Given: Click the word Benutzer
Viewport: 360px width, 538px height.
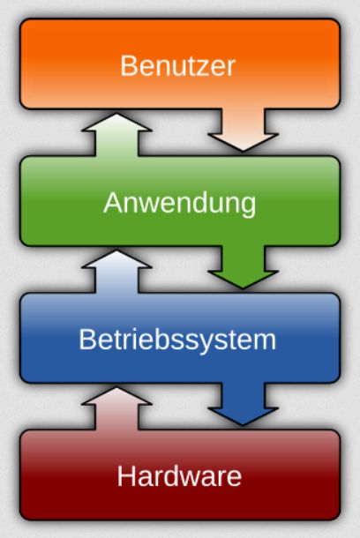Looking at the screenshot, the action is [177, 66].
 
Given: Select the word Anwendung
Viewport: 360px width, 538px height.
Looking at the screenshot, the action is [180, 204].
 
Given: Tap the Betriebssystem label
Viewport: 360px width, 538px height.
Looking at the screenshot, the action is [177, 340].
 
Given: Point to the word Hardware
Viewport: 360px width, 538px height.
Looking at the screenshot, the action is [179, 476].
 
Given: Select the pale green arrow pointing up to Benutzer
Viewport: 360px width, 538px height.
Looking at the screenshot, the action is [116, 135].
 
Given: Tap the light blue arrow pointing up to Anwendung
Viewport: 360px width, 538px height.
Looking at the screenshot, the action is [116, 272].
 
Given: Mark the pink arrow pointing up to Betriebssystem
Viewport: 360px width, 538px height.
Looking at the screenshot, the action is [116, 408].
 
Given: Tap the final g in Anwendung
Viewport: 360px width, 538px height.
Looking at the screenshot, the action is [248, 207].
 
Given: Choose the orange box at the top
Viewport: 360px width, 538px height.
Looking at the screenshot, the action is [180, 64].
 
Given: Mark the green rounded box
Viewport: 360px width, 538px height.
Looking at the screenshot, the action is [180, 201].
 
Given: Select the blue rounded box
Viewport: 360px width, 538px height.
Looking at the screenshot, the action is [180, 338].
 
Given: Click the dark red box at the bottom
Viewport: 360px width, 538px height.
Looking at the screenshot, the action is [180, 474].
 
